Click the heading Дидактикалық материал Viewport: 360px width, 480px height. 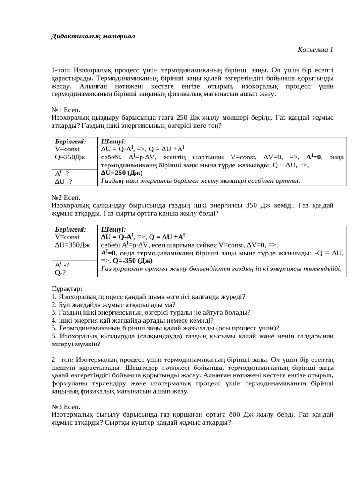coord(92,37)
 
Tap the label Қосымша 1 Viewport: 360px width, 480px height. coord(315,49)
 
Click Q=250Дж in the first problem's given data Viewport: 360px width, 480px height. coord(70,157)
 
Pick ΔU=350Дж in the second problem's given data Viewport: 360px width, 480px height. coord(72,245)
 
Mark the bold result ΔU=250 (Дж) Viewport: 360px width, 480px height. coord(123,173)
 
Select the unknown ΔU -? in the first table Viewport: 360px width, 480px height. coord(64,181)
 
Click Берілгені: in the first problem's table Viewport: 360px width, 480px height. coord(71,141)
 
